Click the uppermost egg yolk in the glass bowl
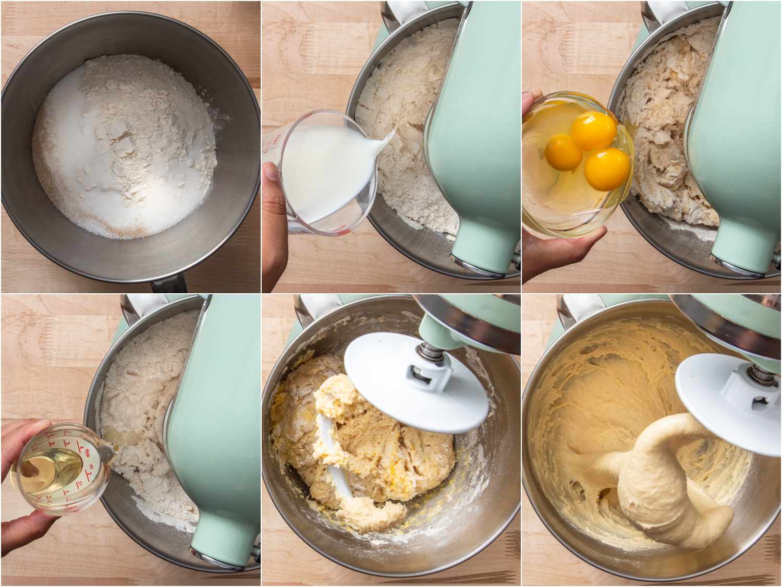click(x=593, y=131)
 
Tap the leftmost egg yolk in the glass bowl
click(x=564, y=152)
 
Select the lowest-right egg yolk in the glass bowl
click(x=607, y=169)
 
